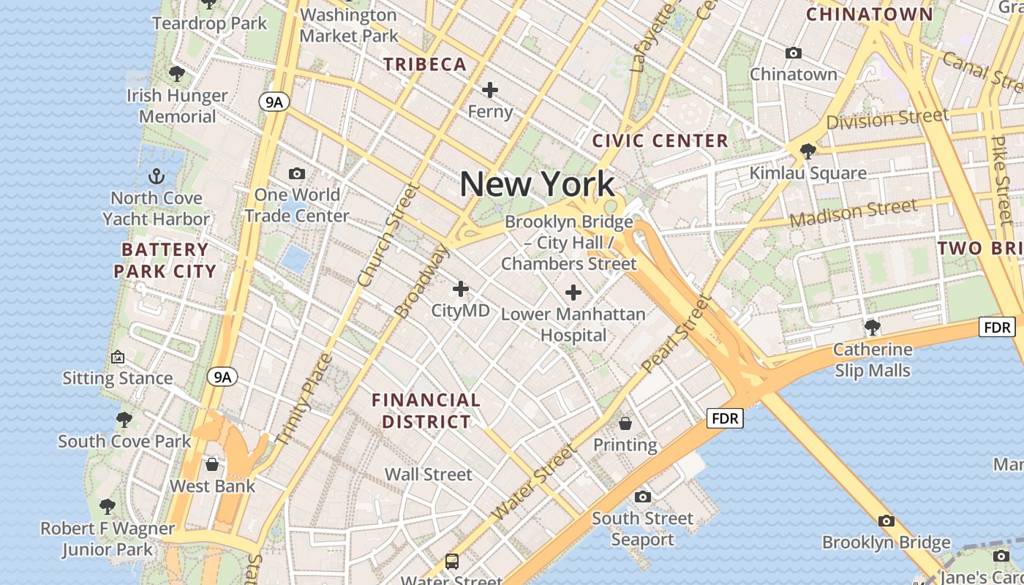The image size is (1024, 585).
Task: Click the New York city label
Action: [x=537, y=184]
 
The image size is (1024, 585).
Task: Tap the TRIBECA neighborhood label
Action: [x=425, y=64]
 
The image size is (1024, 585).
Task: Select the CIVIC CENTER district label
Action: [x=660, y=140]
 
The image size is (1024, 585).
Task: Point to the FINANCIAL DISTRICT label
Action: [x=426, y=411]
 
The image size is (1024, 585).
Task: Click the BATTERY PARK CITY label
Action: [x=165, y=260]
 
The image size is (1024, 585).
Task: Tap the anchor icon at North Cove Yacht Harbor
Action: [x=157, y=176]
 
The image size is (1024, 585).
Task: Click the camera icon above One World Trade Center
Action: [x=297, y=173]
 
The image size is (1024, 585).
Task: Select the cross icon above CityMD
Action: [x=460, y=289]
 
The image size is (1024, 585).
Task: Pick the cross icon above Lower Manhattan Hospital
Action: [x=573, y=292]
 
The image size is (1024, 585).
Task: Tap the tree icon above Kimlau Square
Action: [x=808, y=151]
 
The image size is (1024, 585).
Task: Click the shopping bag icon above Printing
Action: [x=625, y=423]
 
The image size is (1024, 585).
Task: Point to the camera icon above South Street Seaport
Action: [x=643, y=497]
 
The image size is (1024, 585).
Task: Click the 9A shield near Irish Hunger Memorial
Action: [x=274, y=102]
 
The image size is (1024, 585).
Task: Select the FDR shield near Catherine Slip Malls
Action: [x=997, y=327]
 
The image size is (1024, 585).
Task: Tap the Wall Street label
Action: [x=429, y=474]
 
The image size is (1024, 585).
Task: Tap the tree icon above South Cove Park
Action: [x=124, y=420]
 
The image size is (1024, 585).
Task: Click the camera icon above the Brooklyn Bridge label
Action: [x=886, y=521]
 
